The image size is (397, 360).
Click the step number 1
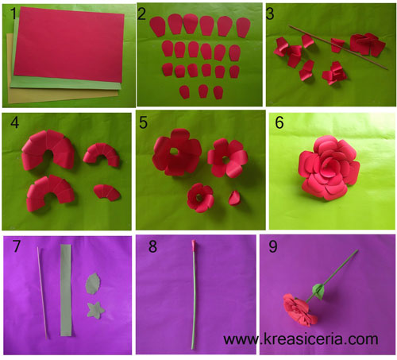(13, 14)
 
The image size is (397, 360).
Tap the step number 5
(143, 123)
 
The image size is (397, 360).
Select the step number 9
(273, 246)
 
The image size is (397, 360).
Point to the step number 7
(17, 246)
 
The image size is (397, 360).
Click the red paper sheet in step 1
(69, 45)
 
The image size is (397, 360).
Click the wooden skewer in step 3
(338, 48)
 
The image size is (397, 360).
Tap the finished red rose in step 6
(330, 168)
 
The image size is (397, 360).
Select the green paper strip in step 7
(66, 290)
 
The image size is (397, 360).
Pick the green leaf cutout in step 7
(93, 284)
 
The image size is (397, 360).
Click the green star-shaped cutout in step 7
(95, 310)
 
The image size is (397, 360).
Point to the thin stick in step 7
(42, 292)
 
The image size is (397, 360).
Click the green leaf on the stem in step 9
(318, 291)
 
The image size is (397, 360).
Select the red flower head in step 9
(299, 310)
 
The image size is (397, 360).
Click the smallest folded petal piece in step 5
(234, 198)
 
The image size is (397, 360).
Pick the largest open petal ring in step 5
(177, 153)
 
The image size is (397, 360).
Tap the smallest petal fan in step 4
(107, 192)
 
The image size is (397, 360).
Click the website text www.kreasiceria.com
(301, 339)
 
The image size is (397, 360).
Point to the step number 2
(141, 14)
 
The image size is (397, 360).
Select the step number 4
(14, 123)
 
